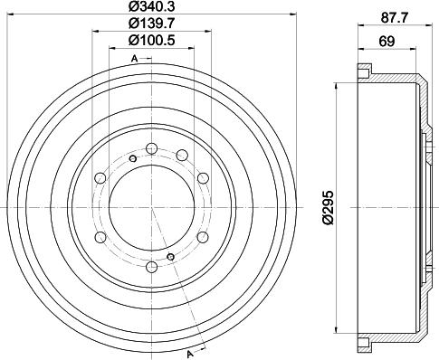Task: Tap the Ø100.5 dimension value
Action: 152,42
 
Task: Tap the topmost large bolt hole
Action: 151,147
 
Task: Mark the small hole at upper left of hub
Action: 132,160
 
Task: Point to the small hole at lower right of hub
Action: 171,256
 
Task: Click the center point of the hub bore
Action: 151,207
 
